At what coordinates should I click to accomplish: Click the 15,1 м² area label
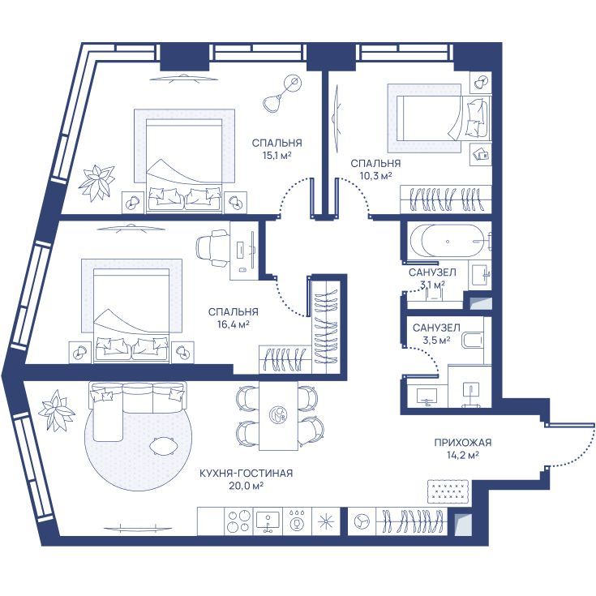click(x=277, y=155)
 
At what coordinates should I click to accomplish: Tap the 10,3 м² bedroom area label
click(x=375, y=176)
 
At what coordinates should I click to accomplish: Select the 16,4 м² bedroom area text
click(x=233, y=324)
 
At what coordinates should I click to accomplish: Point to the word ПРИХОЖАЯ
click(x=462, y=443)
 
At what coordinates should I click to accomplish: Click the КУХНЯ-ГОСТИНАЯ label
click(x=247, y=474)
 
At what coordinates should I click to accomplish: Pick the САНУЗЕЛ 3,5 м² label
click(x=436, y=333)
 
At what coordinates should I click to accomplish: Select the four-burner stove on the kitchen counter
click(x=238, y=521)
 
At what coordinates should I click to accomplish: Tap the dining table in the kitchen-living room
click(x=279, y=415)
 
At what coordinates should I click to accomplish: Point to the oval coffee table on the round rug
click(x=164, y=445)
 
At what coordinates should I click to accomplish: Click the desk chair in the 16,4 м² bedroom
click(x=212, y=249)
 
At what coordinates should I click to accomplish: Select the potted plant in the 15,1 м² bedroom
click(x=97, y=182)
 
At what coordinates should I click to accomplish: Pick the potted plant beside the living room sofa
click(x=56, y=410)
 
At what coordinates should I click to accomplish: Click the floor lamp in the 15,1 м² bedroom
click(x=282, y=93)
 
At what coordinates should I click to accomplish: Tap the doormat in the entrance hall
click(x=448, y=491)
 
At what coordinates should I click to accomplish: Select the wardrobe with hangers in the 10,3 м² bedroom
click(x=445, y=199)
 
